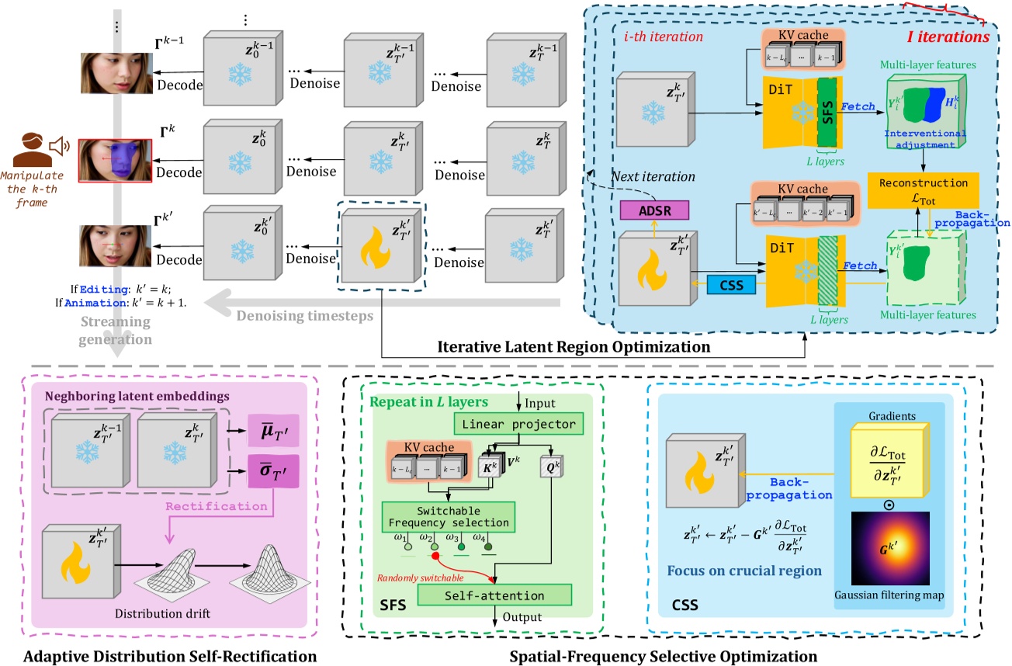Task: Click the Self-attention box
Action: (494, 595)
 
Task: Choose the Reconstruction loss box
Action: (923, 189)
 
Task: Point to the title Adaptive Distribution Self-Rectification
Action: (170, 656)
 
